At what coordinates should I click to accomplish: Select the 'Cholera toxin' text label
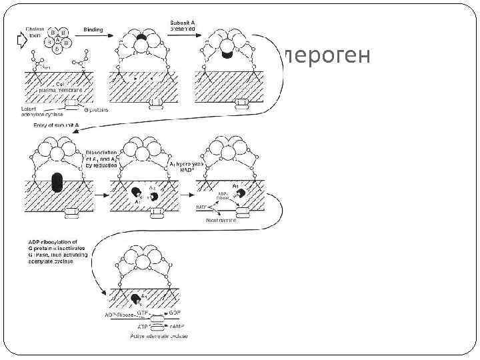[33, 33]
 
